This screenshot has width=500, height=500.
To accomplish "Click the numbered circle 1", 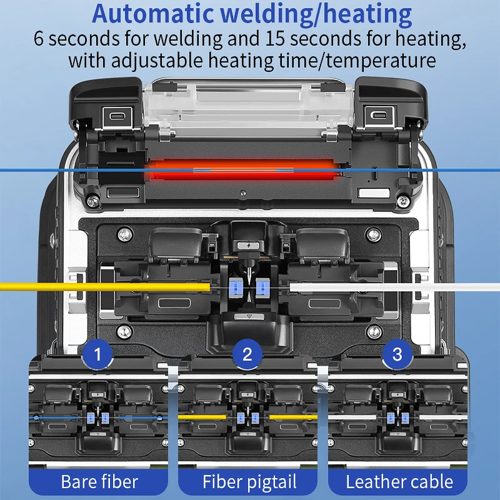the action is pyautogui.click(x=97, y=354).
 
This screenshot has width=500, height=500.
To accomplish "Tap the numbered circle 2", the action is pyautogui.click(x=247, y=354).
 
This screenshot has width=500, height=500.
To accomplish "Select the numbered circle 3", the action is pyautogui.click(x=397, y=354).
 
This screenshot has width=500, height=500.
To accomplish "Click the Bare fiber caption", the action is pyautogui.click(x=99, y=481).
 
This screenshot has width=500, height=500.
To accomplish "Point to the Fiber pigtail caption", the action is pyautogui.click(x=249, y=481).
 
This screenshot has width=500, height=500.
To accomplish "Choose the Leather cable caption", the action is pyautogui.click(x=399, y=481).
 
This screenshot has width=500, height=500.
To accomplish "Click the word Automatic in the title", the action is pyautogui.click(x=152, y=13).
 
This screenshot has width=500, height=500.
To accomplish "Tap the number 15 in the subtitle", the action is pyautogui.click(x=274, y=39).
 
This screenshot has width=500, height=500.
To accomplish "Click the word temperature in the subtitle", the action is pyautogui.click(x=381, y=61).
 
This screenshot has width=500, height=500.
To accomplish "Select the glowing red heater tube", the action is pyautogui.click(x=243, y=170).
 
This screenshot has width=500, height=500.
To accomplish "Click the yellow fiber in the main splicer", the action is pyautogui.click(x=105, y=287).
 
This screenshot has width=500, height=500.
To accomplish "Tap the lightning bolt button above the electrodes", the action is pyautogui.click(x=249, y=246).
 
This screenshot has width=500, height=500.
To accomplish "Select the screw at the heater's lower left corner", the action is pyautogui.click(x=92, y=201).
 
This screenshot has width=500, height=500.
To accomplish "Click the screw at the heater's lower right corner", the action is pyautogui.click(x=403, y=201).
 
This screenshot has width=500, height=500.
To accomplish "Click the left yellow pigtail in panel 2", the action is pyautogui.click(x=202, y=417).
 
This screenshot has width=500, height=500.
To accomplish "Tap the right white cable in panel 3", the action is pyautogui.click(x=443, y=417).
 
